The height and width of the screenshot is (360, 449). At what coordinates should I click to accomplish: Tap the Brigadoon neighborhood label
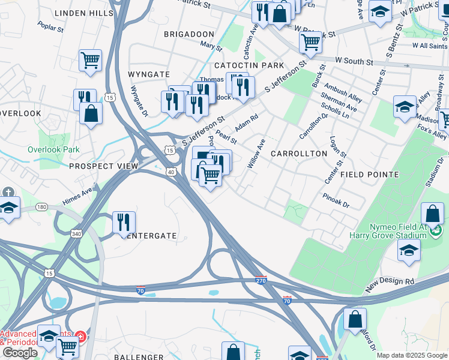click(189, 34)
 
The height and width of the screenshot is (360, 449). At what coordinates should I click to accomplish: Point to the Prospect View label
click(104, 166)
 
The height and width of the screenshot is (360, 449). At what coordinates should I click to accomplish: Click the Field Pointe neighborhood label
click(369, 175)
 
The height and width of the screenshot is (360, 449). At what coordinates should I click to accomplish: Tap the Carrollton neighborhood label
click(299, 154)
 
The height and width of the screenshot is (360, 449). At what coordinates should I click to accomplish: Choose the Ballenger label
click(139, 357)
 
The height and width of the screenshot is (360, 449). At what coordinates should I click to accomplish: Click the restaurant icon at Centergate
click(124, 222)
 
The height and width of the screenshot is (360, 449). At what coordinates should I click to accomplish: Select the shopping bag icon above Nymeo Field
click(432, 214)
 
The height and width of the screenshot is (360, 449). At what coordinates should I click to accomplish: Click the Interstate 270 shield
click(261, 280)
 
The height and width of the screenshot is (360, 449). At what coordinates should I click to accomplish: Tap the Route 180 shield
click(41, 207)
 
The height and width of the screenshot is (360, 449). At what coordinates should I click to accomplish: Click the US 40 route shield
click(171, 172)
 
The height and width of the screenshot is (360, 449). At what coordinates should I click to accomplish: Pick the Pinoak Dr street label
click(336, 200)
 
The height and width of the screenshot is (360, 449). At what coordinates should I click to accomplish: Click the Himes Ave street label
click(79, 193)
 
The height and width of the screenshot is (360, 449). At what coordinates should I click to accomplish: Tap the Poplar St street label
click(50, 27)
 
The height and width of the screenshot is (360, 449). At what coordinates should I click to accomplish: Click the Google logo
click(20, 353)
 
